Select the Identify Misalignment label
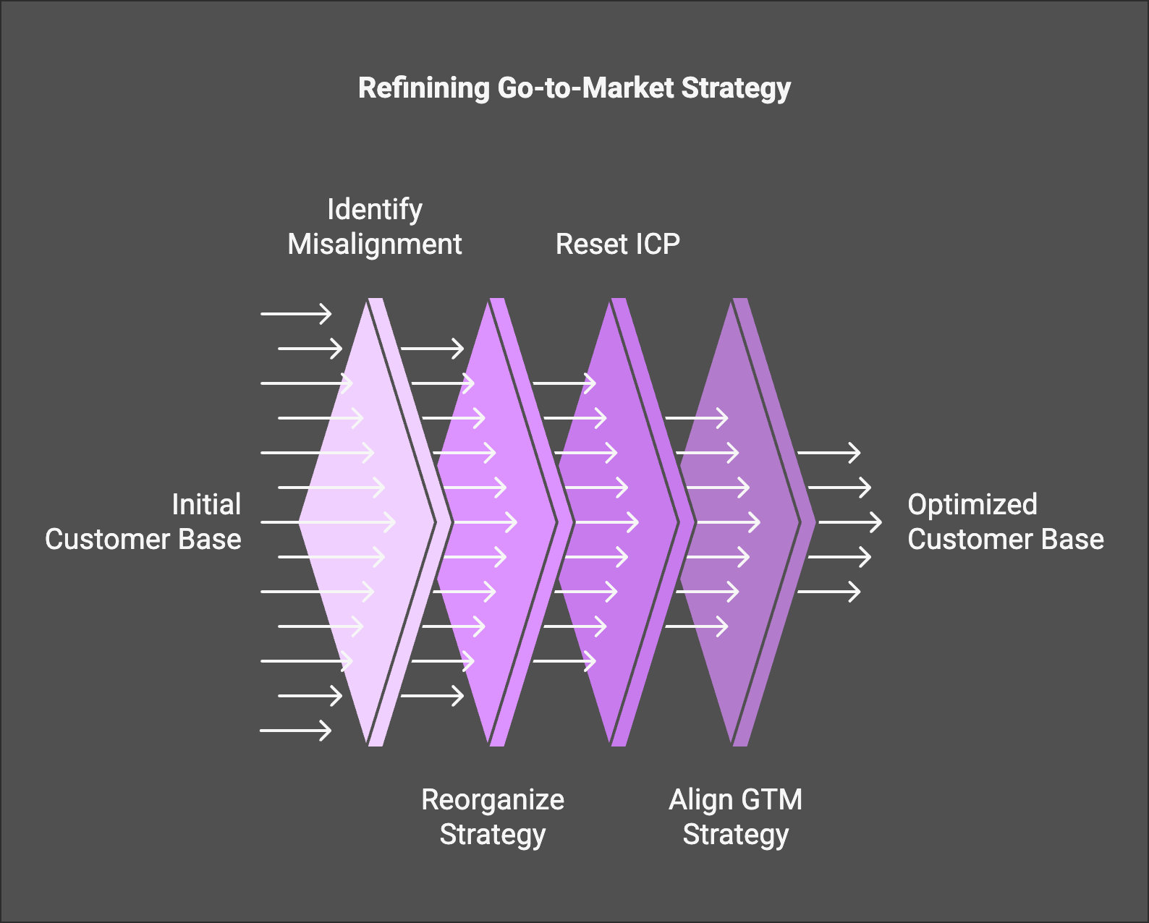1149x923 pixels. tap(374, 227)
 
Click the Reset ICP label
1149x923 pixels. tap(617, 244)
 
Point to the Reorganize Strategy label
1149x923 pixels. tap(493, 817)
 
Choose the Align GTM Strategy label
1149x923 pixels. tap(735, 817)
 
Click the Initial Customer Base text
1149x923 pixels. tap(143, 522)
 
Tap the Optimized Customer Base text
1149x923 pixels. tap(1005, 522)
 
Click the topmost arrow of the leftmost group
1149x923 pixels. tap(296, 314)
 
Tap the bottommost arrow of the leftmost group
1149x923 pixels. tap(296, 731)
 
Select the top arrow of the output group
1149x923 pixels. tap(828, 453)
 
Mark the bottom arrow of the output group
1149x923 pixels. tap(828, 592)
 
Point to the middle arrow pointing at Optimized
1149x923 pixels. tap(850, 522)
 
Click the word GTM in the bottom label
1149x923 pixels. tap(771, 800)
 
